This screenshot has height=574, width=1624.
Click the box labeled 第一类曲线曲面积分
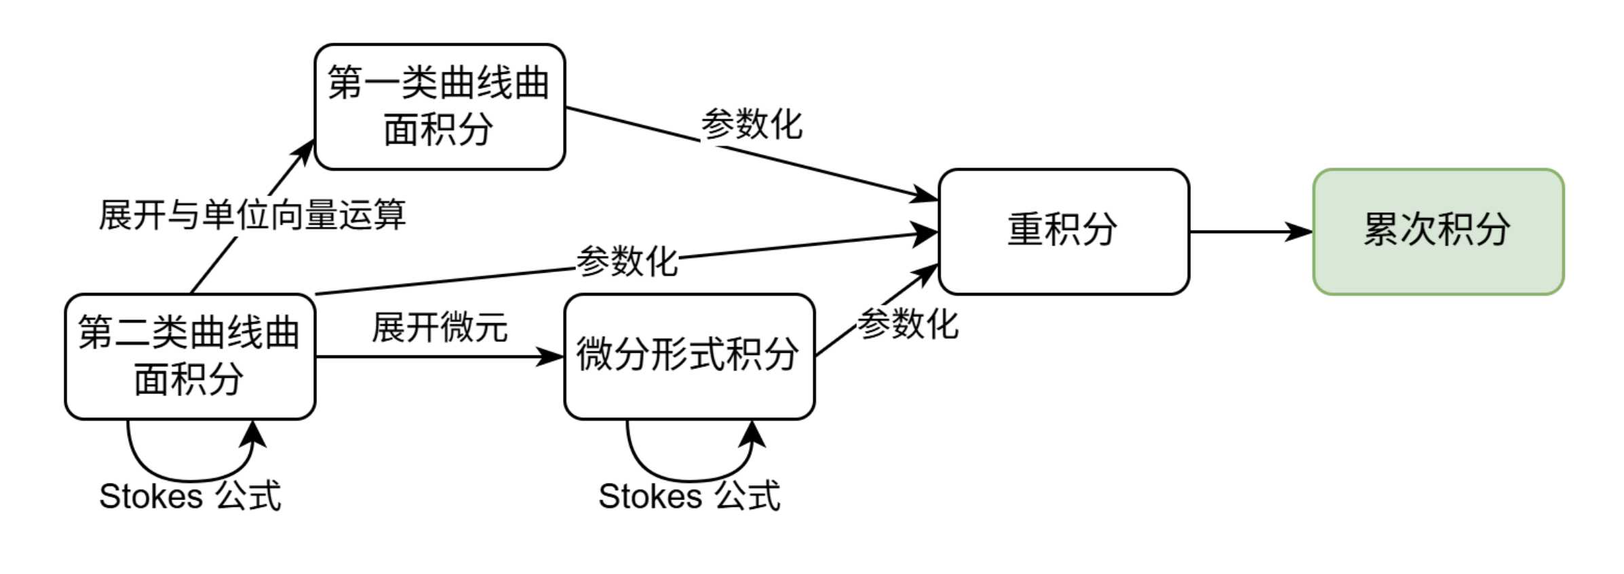(440, 107)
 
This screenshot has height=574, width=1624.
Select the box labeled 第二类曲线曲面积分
(190, 356)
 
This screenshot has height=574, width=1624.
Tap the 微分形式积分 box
(689, 356)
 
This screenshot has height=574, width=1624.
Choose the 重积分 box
(1063, 231)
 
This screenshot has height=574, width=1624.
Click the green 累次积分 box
(1438, 231)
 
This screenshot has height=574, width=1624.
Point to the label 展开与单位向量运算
(252, 215)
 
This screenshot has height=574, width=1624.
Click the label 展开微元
(440, 328)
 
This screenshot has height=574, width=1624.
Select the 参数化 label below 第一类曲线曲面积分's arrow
(752, 125)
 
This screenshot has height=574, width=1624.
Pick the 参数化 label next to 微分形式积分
(908, 324)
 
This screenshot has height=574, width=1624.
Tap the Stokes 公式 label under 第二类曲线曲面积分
(190, 496)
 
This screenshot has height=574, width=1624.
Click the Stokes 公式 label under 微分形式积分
(689, 496)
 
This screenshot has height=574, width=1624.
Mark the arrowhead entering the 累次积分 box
(1300, 231)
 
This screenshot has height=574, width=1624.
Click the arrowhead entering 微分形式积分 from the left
(551, 356)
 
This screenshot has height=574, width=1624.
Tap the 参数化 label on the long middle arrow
(627, 262)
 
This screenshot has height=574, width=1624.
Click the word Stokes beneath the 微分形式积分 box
(649, 496)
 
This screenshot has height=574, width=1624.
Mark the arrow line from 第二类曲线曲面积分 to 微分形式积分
(421, 356)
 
